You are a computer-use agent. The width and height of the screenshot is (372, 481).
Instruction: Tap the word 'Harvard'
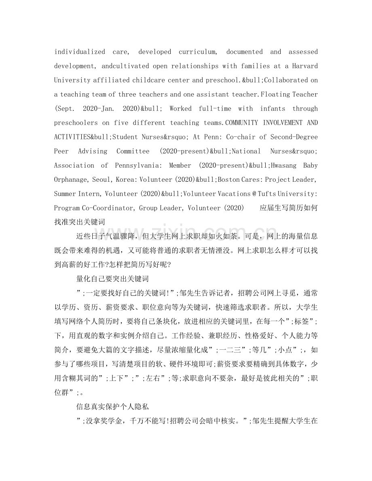pos(304,66)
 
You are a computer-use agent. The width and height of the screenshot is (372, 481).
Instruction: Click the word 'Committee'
pos(133,151)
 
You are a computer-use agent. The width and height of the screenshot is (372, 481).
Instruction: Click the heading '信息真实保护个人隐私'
pos(113,404)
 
